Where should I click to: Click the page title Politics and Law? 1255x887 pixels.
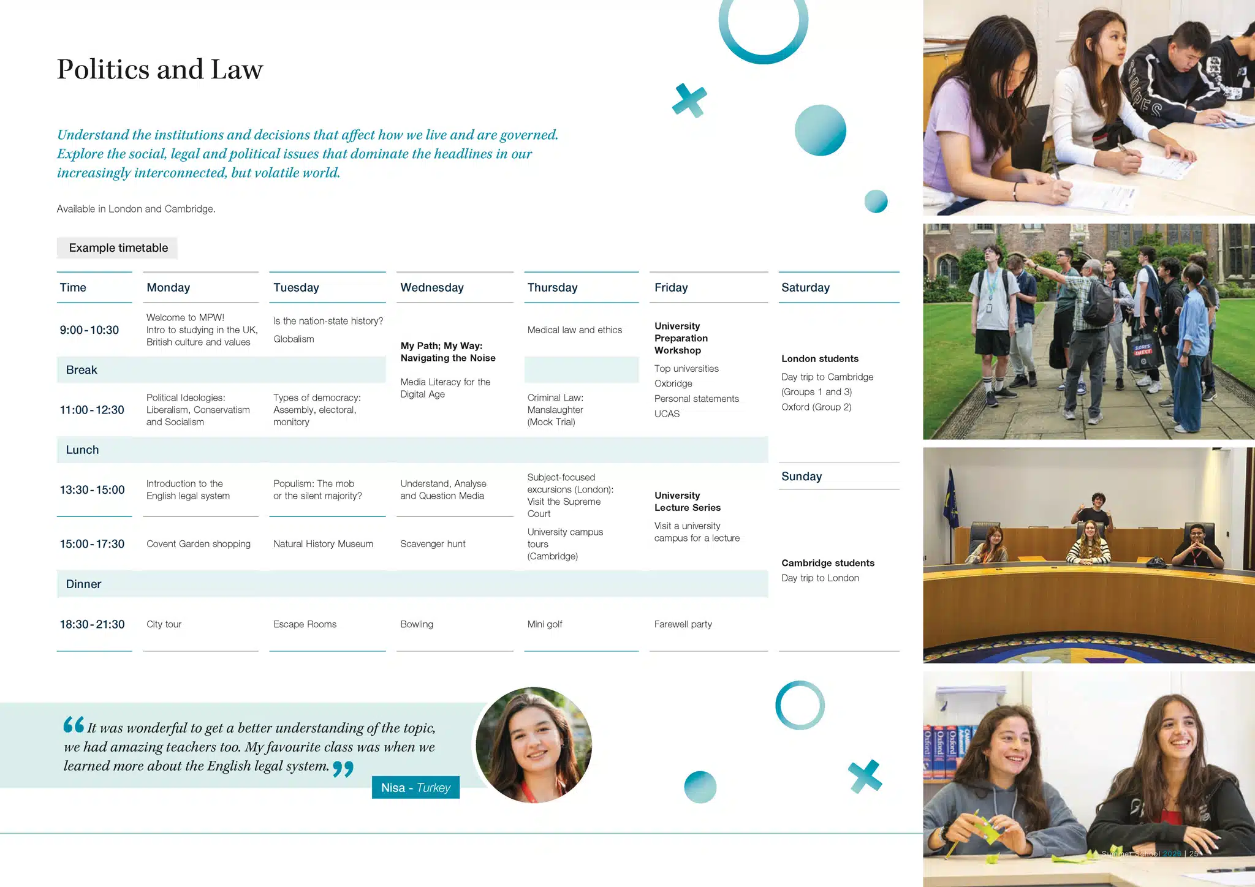[x=160, y=69]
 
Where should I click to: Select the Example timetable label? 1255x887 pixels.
[x=118, y=248]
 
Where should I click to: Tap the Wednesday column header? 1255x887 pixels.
[x=431, y=288]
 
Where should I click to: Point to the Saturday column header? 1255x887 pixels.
[x=805, y=288]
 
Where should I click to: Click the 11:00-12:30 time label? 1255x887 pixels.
[x=92, y=410]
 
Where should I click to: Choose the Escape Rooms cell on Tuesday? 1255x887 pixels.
[x=305, y=624]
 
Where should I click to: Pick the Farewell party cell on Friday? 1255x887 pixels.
[x=683, y=624]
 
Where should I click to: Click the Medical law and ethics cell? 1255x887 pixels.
[x=574, y=330]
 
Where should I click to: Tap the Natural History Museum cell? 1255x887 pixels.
[x=323, y=544]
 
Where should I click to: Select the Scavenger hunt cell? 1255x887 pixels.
[x=433, y=544]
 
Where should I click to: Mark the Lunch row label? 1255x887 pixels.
[x=82, y=450]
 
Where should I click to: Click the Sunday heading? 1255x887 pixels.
[x=801, y=477]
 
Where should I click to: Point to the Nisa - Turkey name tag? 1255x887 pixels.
[x=415, y=788]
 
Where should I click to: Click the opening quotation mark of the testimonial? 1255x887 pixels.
[x=74, y=725]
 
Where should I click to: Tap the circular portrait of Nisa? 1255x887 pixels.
[x=534, y=745]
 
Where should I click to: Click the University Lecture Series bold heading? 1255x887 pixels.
[x=687, y=502]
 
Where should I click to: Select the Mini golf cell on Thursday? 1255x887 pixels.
[x=544, y=624]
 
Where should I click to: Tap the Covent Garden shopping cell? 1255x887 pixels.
[x=198, y=544]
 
